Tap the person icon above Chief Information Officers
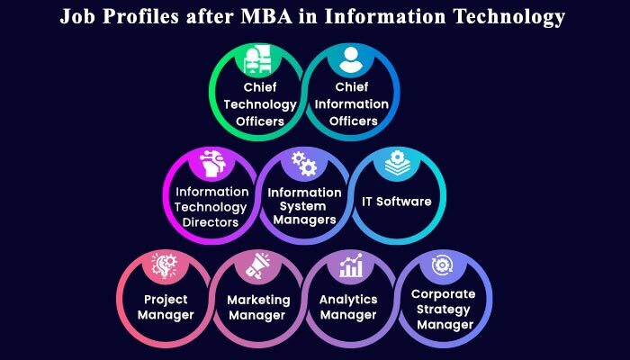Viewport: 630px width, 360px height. [x=351, y=60]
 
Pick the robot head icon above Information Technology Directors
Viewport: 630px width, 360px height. [x=213, y=164]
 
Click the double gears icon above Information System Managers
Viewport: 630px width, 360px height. [x=304, y=164]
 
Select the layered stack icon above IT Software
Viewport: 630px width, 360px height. [x=397, y=162]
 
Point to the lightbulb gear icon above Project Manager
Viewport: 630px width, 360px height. [x=164, y=265]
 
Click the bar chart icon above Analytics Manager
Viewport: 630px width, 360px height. [x=351, y=265]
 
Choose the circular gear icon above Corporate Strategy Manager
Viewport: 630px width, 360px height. [x=442, y=265]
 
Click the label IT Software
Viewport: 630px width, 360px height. [x=397, y=202]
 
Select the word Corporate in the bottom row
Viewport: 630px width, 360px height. [x=443, y=294]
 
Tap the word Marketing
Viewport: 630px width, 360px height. [x=258, y=301]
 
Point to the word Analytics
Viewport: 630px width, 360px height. [x=348, y=300]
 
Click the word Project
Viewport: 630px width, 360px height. [x=166, y=300]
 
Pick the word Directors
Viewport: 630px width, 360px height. [x=210, y=222]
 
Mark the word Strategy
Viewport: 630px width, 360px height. [x=443, y=310]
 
